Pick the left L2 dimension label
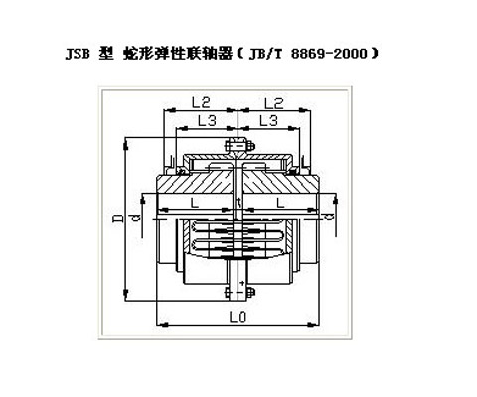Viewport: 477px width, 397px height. point(199,102)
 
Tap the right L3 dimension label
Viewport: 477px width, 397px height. point(267,120)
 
